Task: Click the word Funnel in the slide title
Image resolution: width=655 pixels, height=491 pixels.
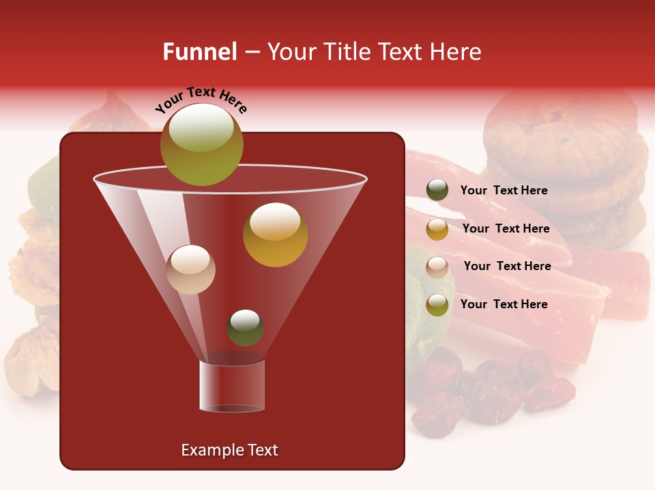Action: pos(199,52)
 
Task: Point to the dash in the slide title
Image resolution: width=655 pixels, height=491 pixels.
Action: pos(251,53)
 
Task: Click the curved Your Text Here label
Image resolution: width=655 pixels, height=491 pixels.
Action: pos(201,100)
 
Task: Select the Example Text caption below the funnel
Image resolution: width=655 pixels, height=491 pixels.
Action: pos(229,450)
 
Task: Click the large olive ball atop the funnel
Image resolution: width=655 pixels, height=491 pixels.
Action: pos(201,145)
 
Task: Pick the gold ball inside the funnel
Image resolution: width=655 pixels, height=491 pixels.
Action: pos(275,235)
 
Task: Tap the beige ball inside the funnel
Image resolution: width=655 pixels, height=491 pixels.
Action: pos(190,269)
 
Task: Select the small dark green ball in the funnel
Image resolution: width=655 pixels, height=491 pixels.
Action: pos(245,328)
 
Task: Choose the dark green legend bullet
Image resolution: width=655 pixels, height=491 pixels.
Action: pos(437,190)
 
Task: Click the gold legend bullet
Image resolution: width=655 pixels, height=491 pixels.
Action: pos(437,229)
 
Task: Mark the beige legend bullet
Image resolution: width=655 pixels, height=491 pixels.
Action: pos(437,267)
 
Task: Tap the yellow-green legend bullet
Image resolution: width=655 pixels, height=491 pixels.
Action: pos(437,305)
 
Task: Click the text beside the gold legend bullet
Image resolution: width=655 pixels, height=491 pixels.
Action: pos(506,229)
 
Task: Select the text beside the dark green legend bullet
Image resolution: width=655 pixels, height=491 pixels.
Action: pos(504,191)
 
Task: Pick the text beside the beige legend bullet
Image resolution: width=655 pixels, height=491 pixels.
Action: pos(507,267)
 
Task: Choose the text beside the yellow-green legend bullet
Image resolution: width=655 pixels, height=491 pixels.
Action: pos(504,305)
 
